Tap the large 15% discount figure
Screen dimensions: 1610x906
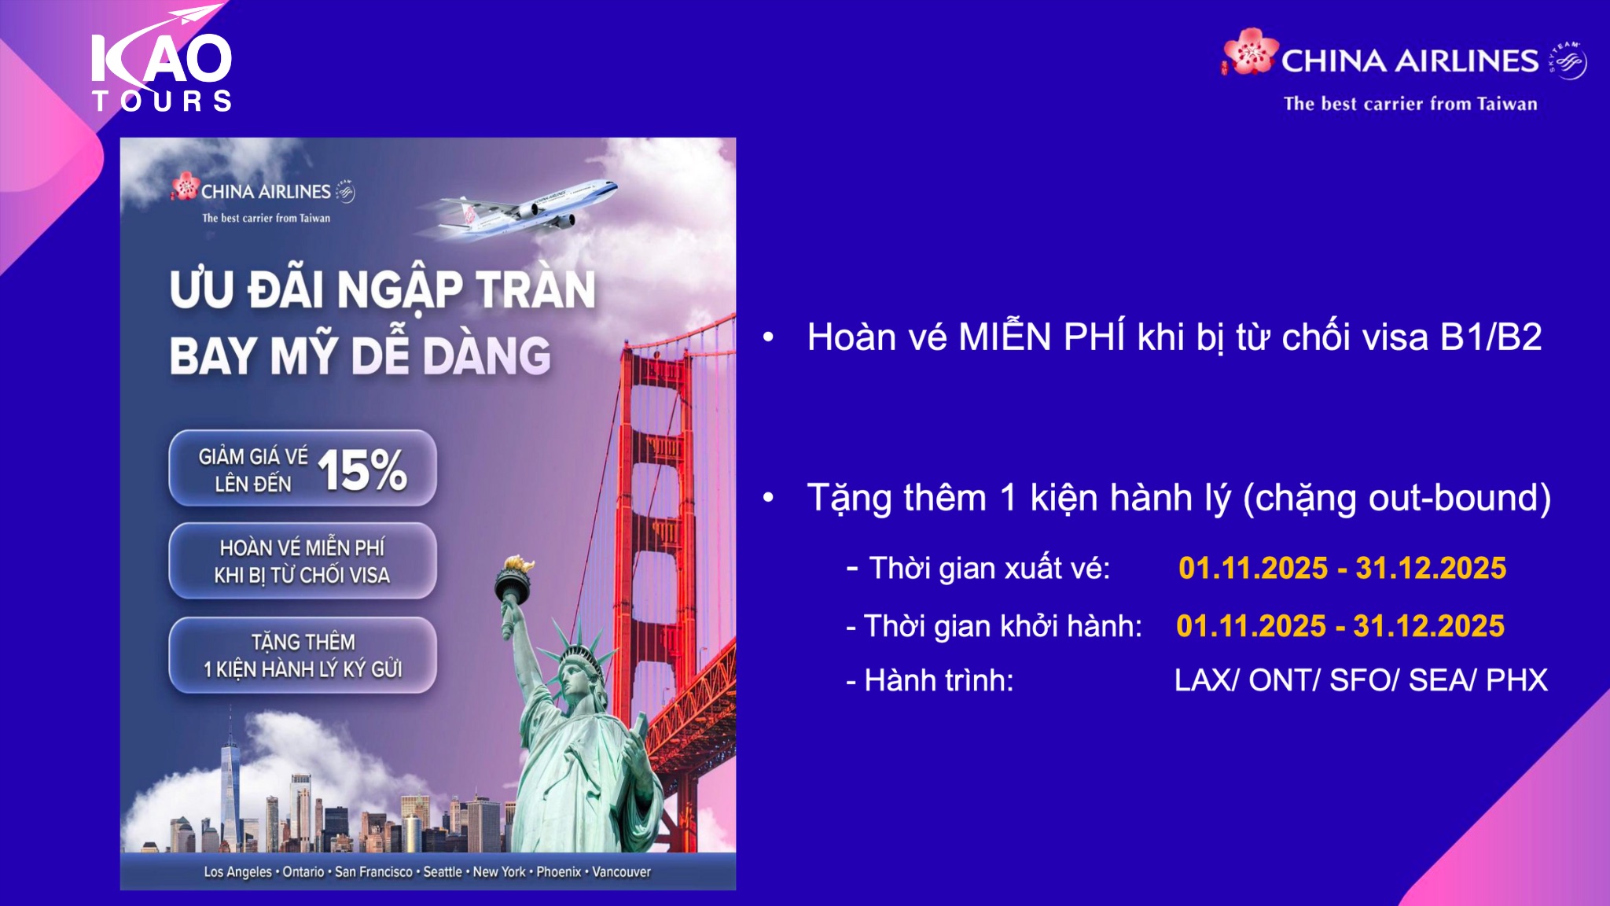[x=362, y=470]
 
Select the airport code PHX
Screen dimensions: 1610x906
[x=1517, y=680]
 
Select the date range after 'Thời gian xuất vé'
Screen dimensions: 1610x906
[x=1342, y=568]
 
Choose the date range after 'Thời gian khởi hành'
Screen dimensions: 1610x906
[x=1340, y=626]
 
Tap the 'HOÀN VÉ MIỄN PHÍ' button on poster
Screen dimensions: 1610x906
[x=303, y=561]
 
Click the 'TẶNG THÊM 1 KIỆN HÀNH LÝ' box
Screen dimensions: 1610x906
[x=303, y=655]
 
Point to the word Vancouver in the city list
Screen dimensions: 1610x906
[x=621, y=871]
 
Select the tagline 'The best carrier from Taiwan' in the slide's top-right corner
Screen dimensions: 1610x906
[x=1410, y=104]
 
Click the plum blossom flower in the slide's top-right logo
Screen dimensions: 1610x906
[x=1250, y=52]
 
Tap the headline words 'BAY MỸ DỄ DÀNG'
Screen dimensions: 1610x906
[x=360, y=355]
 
